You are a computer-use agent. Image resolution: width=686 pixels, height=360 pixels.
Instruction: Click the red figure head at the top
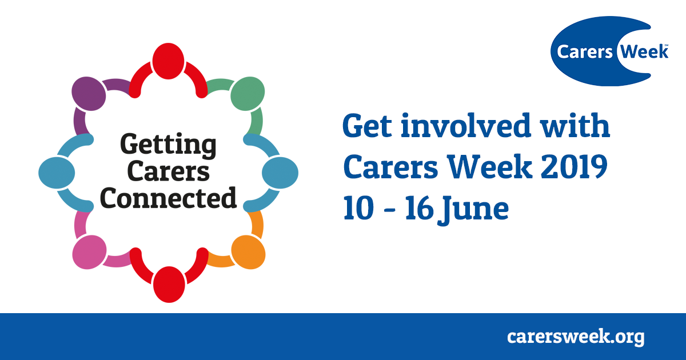[168, 61]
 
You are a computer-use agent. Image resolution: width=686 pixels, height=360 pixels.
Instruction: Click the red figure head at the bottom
[169, 285]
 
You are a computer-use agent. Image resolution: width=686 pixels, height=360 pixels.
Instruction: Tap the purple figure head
[89, 94]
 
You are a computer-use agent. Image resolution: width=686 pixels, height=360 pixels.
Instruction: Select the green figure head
[248, 94]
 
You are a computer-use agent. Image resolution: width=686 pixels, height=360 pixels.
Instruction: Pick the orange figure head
[248, 252]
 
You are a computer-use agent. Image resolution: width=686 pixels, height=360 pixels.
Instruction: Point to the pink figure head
[89, 252]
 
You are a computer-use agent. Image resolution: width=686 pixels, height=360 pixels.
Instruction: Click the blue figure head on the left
[57, 173]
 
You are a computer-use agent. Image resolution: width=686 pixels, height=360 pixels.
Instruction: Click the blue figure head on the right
[280, 173]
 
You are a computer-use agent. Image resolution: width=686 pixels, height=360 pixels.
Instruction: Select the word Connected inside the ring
[169, 198]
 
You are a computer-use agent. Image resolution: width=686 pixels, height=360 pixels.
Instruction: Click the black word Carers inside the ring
[169, 171]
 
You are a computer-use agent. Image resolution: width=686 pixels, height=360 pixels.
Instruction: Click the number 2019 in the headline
[573, 167]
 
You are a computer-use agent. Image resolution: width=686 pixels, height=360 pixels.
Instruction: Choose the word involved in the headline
[465, 125]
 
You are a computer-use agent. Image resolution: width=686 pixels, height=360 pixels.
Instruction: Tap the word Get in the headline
[367, 126]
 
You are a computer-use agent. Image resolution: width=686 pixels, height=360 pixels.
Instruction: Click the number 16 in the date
[419, 208]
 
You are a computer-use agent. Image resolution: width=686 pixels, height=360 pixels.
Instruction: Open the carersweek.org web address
[576, 337]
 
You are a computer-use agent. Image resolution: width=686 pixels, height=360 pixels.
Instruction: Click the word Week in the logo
[644, 51]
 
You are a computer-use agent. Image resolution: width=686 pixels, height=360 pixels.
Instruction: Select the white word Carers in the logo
[585, 52]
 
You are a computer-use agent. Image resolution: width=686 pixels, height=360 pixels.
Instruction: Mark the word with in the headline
[575, 125]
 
